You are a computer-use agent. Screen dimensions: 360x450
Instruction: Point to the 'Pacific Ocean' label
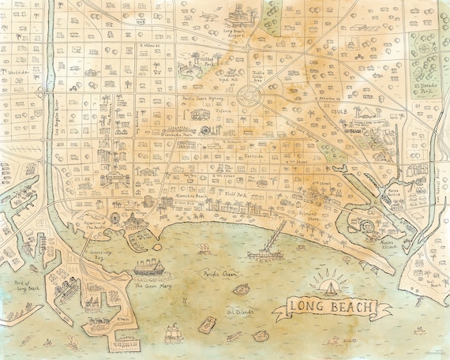click(220, 274)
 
